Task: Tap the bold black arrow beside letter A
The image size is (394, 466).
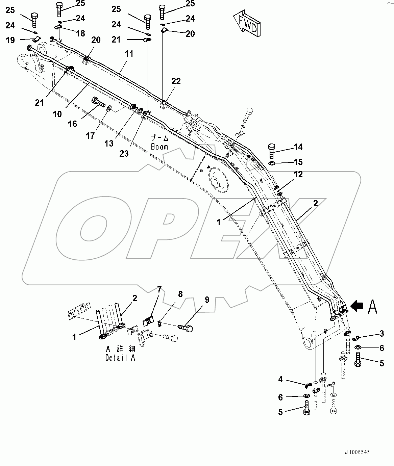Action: tap(357, 306)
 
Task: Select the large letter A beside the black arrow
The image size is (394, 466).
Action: tap(372, 307)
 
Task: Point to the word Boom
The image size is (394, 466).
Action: tap(159, 147)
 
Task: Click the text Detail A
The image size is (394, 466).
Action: tap(120, 358)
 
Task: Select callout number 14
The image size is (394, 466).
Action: tap(298, 147)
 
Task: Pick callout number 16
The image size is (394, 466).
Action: tap(73, 124)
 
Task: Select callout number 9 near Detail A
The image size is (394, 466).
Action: tap(207, 300)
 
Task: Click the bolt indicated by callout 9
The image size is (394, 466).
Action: tap(186, 327)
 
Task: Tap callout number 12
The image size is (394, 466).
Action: tap(298, 174)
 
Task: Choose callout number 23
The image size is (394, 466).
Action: tap(124, 153)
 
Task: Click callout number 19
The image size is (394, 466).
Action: tap(10, 40)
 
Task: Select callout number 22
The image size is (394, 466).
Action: tap(176, 81)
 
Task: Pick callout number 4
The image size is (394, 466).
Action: tap(280, 379)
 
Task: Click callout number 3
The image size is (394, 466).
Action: tap(381, 334)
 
